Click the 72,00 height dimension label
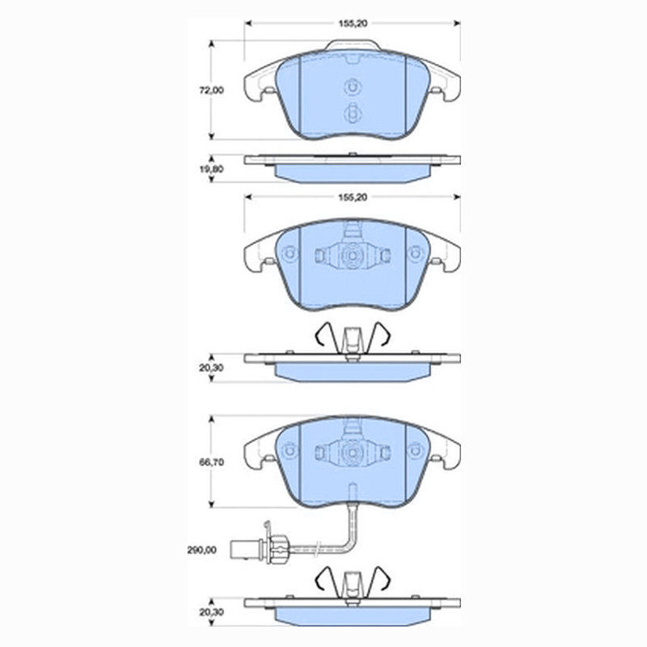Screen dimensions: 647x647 tap(211, 91)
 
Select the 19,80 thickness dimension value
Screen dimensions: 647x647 tap(211, 169)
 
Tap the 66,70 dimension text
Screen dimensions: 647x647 tap(211, 462)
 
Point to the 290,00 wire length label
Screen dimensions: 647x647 tap(201, 550)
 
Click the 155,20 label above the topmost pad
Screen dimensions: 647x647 tap(353, 23)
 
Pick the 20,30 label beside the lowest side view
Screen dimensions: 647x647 tap(211, 612)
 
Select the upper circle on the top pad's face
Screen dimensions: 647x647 tap(353, 87)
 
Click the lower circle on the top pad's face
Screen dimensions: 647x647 tap(353, 112)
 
